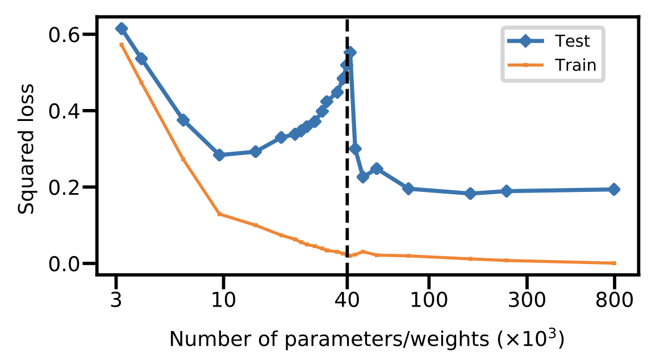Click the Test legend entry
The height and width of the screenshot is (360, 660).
[x=573, y=41]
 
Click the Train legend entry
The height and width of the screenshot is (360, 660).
[x=575, y=65]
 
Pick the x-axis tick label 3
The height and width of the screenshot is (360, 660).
[x=116, y=300]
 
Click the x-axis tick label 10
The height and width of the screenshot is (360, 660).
[x=223, y=300]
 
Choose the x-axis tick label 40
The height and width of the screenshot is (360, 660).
[x=347, y=300]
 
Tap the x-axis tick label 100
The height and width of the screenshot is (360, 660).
[x=428, y=300]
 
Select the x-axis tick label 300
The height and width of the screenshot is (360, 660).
[x=527, y=300]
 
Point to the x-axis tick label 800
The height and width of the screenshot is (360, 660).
[x=614, y=300]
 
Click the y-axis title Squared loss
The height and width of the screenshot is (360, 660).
[x=26, y=149]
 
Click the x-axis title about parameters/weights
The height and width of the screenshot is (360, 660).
[x=367, y=339]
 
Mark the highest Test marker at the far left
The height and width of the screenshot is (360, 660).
[x=121, y=28]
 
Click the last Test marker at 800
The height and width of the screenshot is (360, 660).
[x=614, y=189]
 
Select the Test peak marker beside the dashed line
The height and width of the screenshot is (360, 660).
[x=350, y=52]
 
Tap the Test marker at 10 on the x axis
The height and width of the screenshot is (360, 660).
[x=220, y=155]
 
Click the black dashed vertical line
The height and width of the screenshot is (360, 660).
[x=347, y=170]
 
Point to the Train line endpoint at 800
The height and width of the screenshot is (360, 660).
[x=614, y=263]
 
